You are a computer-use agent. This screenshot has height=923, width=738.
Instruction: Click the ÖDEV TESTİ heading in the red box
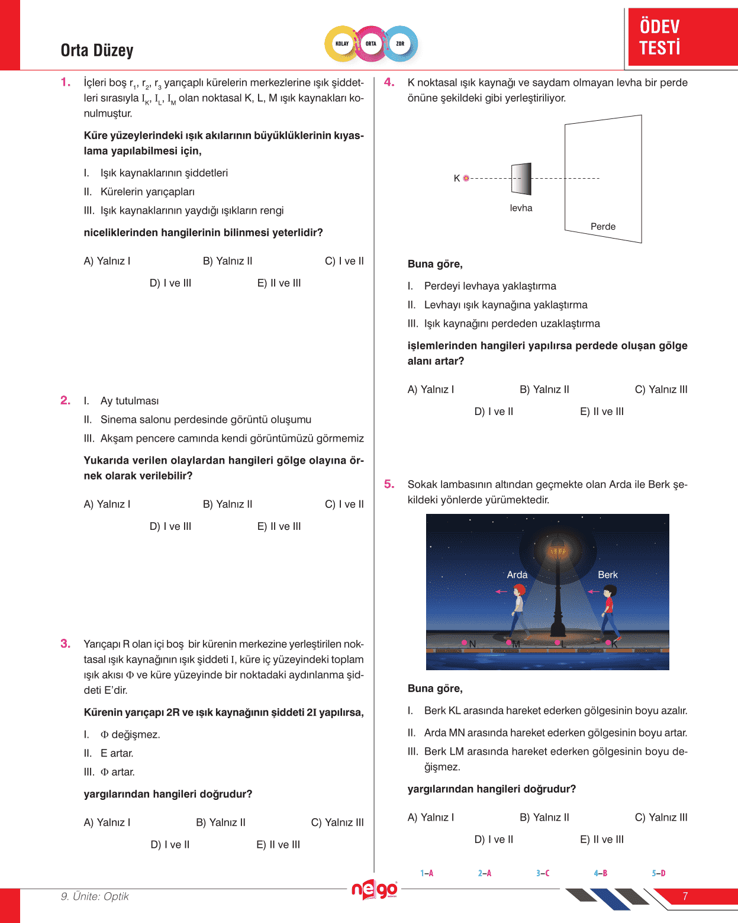[x=660, y=37]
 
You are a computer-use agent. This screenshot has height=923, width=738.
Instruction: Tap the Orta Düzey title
[x=97, y=51]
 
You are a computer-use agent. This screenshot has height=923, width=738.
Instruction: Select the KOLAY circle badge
[x=342, y=44]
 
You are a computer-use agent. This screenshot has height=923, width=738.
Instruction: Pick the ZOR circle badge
[x=400, y=44]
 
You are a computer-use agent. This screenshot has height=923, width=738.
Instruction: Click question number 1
[x=65, y=82]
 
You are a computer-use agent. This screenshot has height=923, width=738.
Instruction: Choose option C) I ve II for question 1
[x=344, y=261]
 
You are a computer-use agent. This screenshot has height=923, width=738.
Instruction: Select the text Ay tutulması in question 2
[x=130, y=401]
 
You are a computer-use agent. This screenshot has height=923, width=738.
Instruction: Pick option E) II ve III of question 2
[x=279, y=526]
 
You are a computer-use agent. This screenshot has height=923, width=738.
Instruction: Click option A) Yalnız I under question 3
[x=107, y=822]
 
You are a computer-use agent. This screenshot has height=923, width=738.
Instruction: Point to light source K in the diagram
[x=466, y=178]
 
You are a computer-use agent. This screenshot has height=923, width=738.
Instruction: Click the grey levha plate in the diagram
[x=521, y=179]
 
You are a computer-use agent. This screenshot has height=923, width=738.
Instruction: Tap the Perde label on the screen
[x=602, y=227]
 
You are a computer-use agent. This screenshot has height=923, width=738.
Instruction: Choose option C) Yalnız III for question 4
[x=660, y=390]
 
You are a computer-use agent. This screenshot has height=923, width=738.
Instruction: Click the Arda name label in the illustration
[x=517, y=575]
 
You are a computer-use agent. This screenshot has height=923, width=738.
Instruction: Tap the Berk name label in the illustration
[x=607, y=575]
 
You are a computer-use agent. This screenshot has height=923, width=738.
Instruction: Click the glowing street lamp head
[x=557, y=554]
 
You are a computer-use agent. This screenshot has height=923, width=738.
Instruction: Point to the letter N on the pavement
[x=472, y=644]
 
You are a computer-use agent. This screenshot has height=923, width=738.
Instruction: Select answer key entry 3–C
[x=543, y=873]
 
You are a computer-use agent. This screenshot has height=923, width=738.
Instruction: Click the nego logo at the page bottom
[x=374, y=889]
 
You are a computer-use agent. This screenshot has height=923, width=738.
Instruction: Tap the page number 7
[x=685, y=896]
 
